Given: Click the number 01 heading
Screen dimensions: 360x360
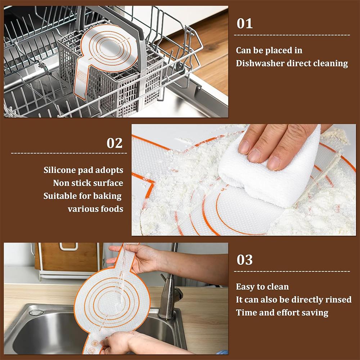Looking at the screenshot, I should tap(244, 23).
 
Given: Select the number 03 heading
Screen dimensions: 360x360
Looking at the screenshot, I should tap(244, 260).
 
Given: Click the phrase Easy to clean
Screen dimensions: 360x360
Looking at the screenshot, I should tap(262, 287).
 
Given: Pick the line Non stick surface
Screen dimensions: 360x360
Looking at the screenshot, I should tap(88, 183).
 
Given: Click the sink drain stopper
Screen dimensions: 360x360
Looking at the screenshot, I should tap(36, 312).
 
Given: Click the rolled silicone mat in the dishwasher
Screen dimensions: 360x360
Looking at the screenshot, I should tap(104, 54).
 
